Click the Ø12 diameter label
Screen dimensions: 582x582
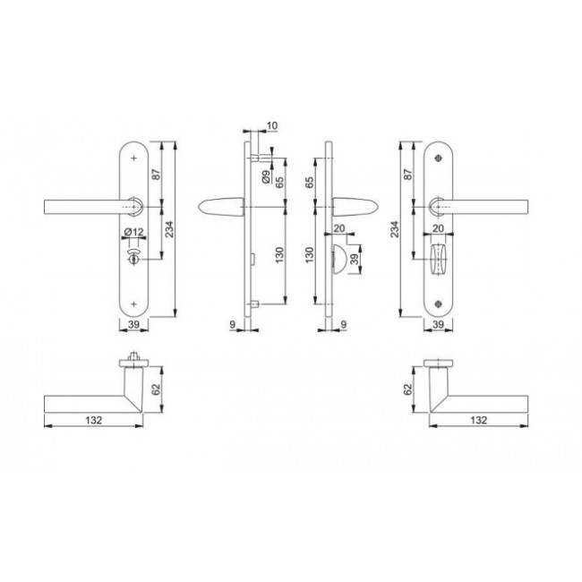(134, 233)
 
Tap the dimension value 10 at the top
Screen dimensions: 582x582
(272, 126)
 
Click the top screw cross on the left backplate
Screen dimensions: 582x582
(134, 158)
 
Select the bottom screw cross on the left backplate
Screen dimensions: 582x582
(134, 304)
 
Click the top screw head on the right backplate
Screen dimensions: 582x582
(439, 158)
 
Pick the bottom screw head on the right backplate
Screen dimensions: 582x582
(439, 304)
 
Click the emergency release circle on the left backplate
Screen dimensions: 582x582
(133, 259)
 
